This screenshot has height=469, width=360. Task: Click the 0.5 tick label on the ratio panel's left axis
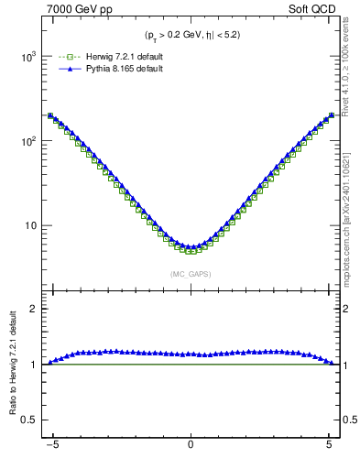[x=29, y=420]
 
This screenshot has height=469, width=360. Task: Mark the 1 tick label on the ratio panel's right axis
[x=347, y=365]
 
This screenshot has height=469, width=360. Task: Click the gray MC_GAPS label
[x=190, y=274]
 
